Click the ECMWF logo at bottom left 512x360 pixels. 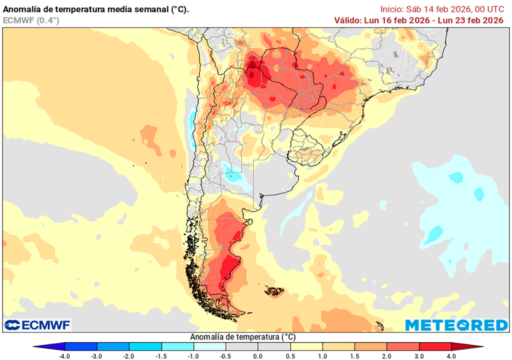(x=37, y=325)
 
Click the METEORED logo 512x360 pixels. (x=456, y=325)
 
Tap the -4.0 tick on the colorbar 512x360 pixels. (x=64, y=356)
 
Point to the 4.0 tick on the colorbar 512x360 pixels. (x=451, y=356)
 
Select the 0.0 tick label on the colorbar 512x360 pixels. (x=257, y=356)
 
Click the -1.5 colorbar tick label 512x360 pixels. (x=161, y=356)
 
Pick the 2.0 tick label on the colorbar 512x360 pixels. (x=386, y=356)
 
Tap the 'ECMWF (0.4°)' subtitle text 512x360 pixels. (x=31, y=20)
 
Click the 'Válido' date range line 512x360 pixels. (x=418, y=20)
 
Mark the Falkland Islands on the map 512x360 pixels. (x=274, y=291)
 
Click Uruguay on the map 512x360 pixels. (x=306, y=147)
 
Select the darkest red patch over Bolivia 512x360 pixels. (x=253, y=75)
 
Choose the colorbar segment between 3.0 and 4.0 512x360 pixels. (x=435, y=346)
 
